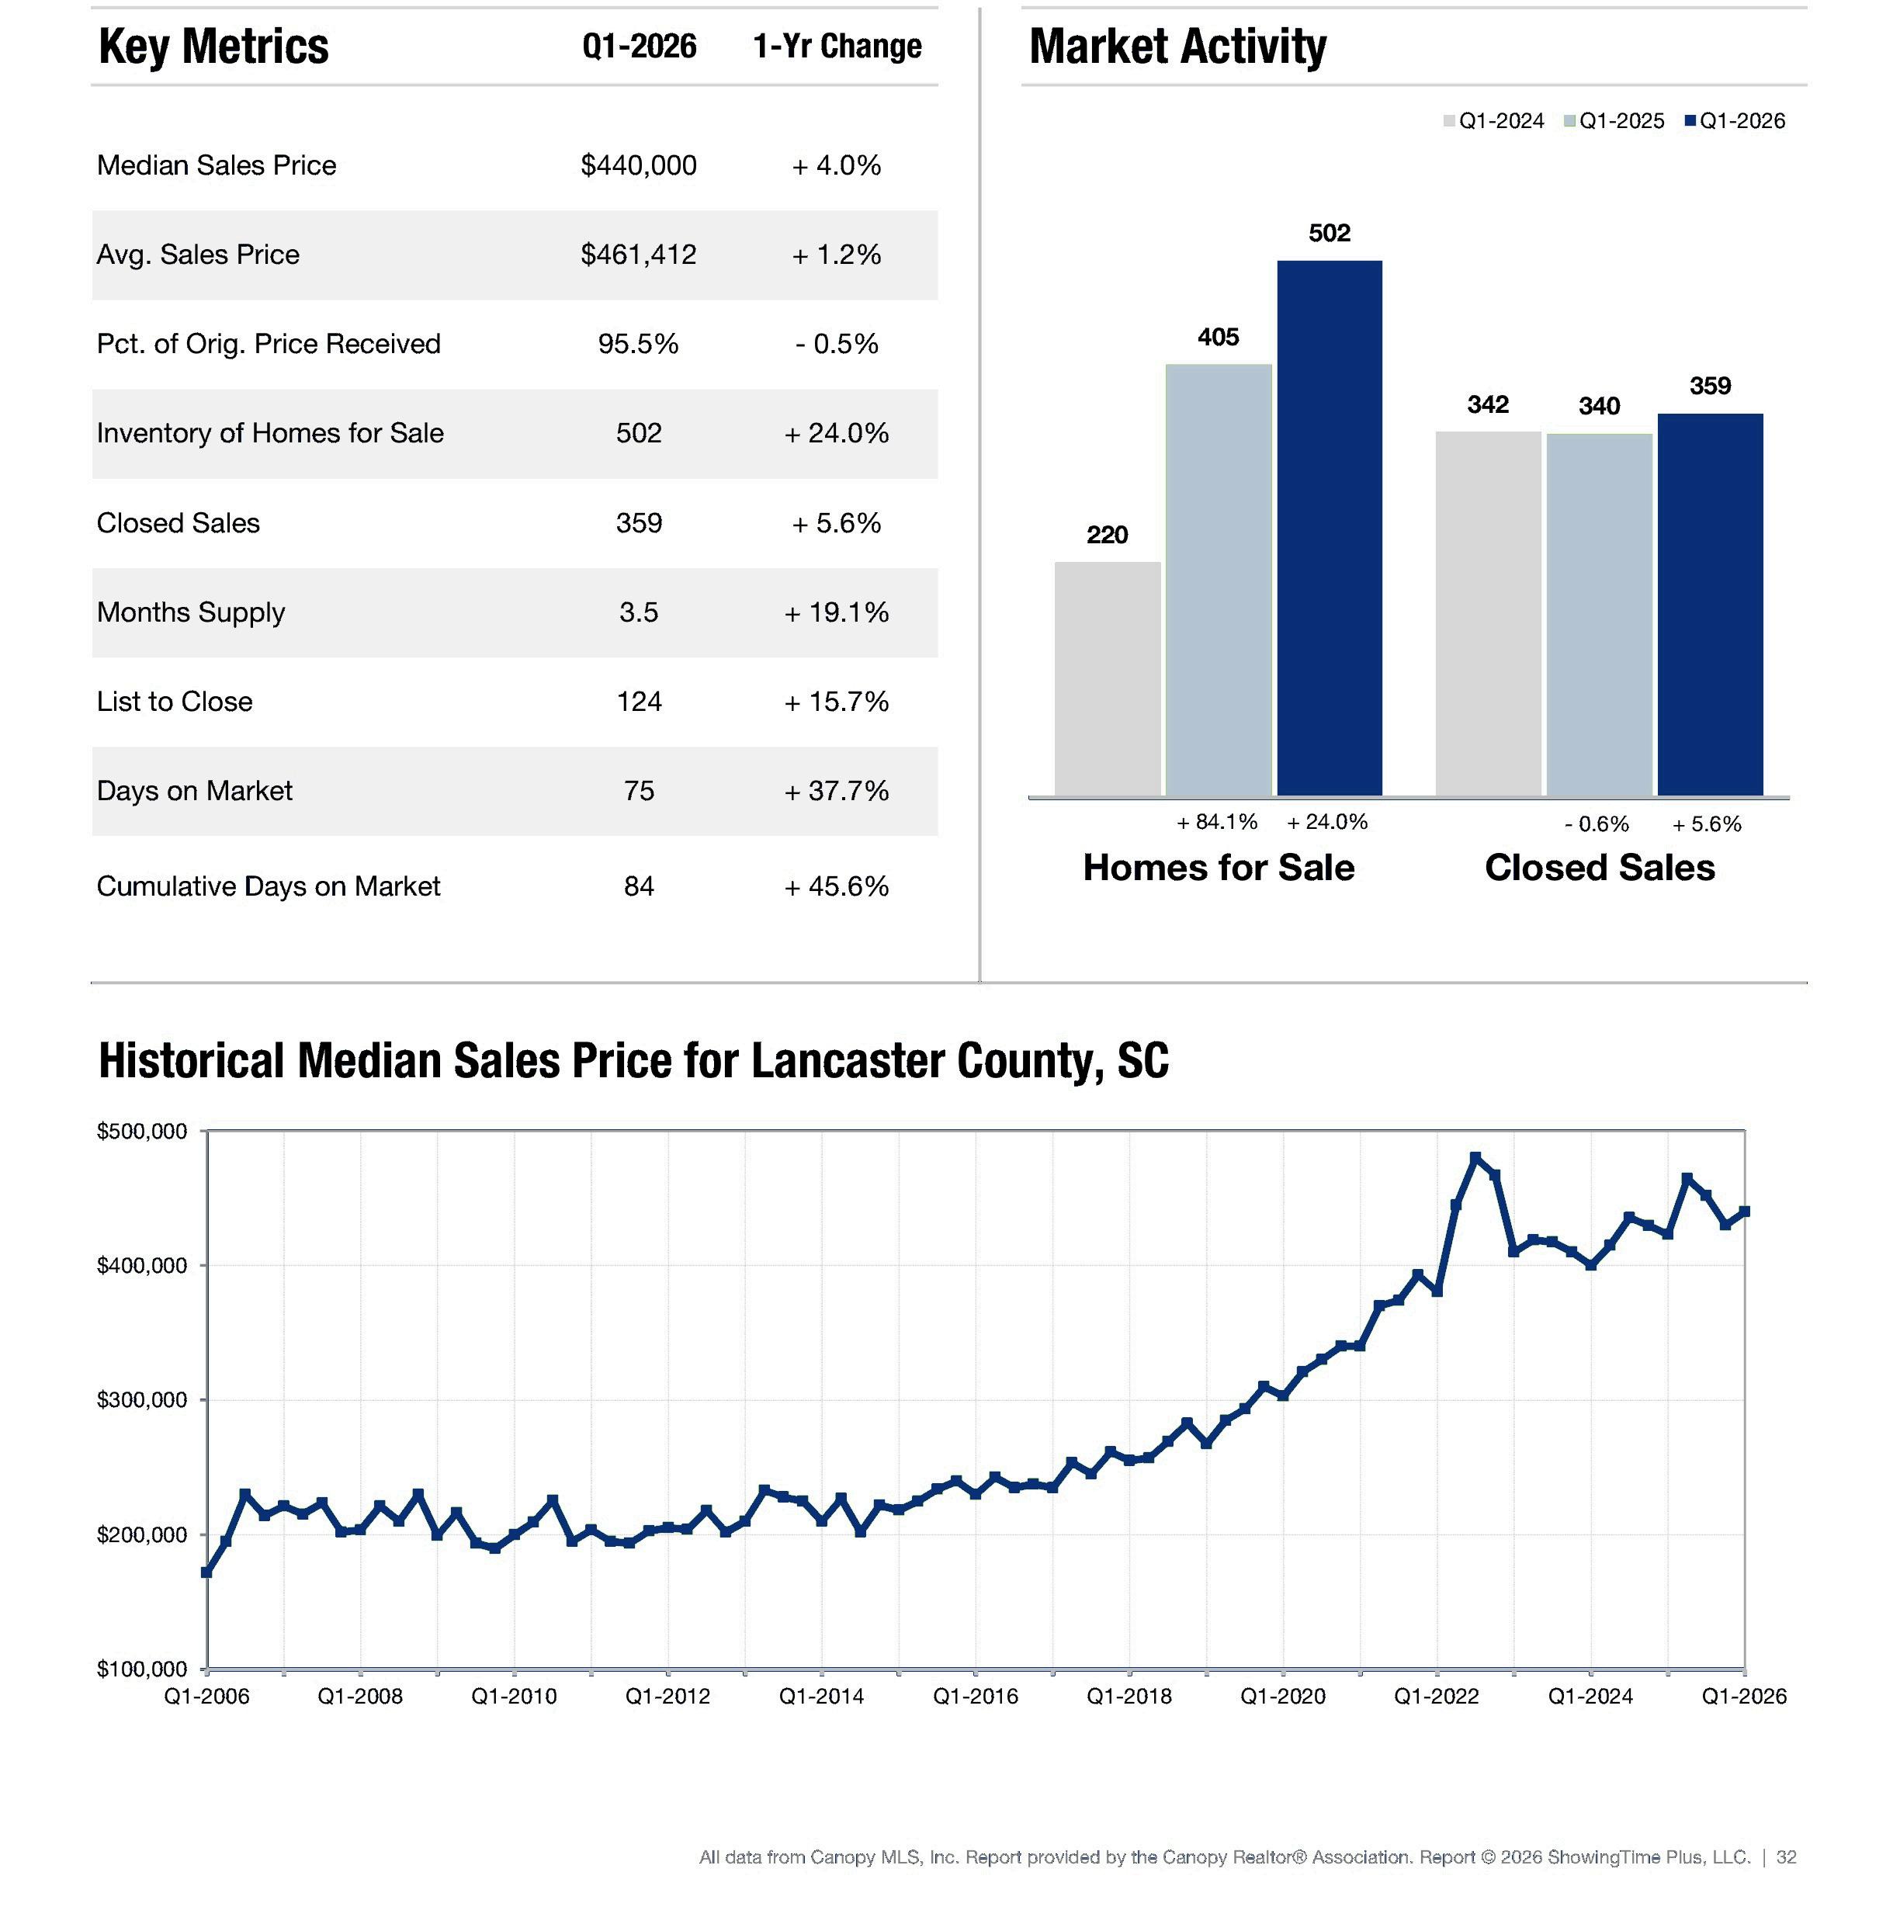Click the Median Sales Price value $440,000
(639, 165)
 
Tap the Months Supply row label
(191, 612)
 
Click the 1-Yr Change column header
(837, 46)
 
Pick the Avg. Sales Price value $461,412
(639, 255)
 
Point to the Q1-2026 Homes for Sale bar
(1330, 528)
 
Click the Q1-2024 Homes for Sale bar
(1108, 678)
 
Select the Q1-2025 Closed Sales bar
(1599, 615)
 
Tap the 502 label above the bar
(1330, 233)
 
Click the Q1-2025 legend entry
(1614, 121)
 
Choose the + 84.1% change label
(1216, 821)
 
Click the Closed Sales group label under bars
(1600, 867)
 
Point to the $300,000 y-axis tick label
(142, 1400)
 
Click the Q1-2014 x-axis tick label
(821, 1697)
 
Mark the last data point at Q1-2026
(1744, 1212)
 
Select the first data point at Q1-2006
(206, 1572)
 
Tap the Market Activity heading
(1177, 47)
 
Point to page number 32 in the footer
(1786, 1857)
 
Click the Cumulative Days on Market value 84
(639, 886)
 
